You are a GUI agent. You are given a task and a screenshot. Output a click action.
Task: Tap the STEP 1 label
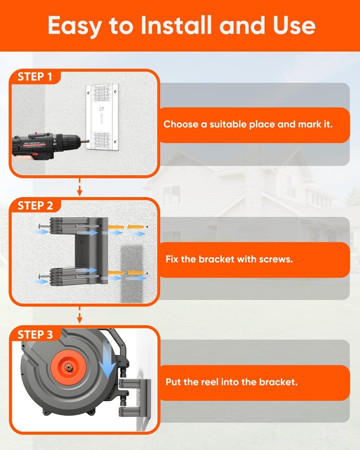pos(35,77)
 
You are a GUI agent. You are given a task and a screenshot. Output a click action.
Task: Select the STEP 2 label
pos(35,206)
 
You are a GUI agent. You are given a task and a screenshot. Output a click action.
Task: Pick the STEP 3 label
pos(35,334)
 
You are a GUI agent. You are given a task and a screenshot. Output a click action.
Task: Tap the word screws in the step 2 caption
pos(277,259)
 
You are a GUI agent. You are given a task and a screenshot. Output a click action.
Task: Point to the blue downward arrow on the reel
pos(106,359)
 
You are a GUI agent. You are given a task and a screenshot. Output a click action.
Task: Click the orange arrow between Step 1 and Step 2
pos(80,188)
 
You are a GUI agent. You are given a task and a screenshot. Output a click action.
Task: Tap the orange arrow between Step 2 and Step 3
pos(80,316)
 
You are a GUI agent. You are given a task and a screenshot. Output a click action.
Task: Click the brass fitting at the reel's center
pos(69,366)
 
